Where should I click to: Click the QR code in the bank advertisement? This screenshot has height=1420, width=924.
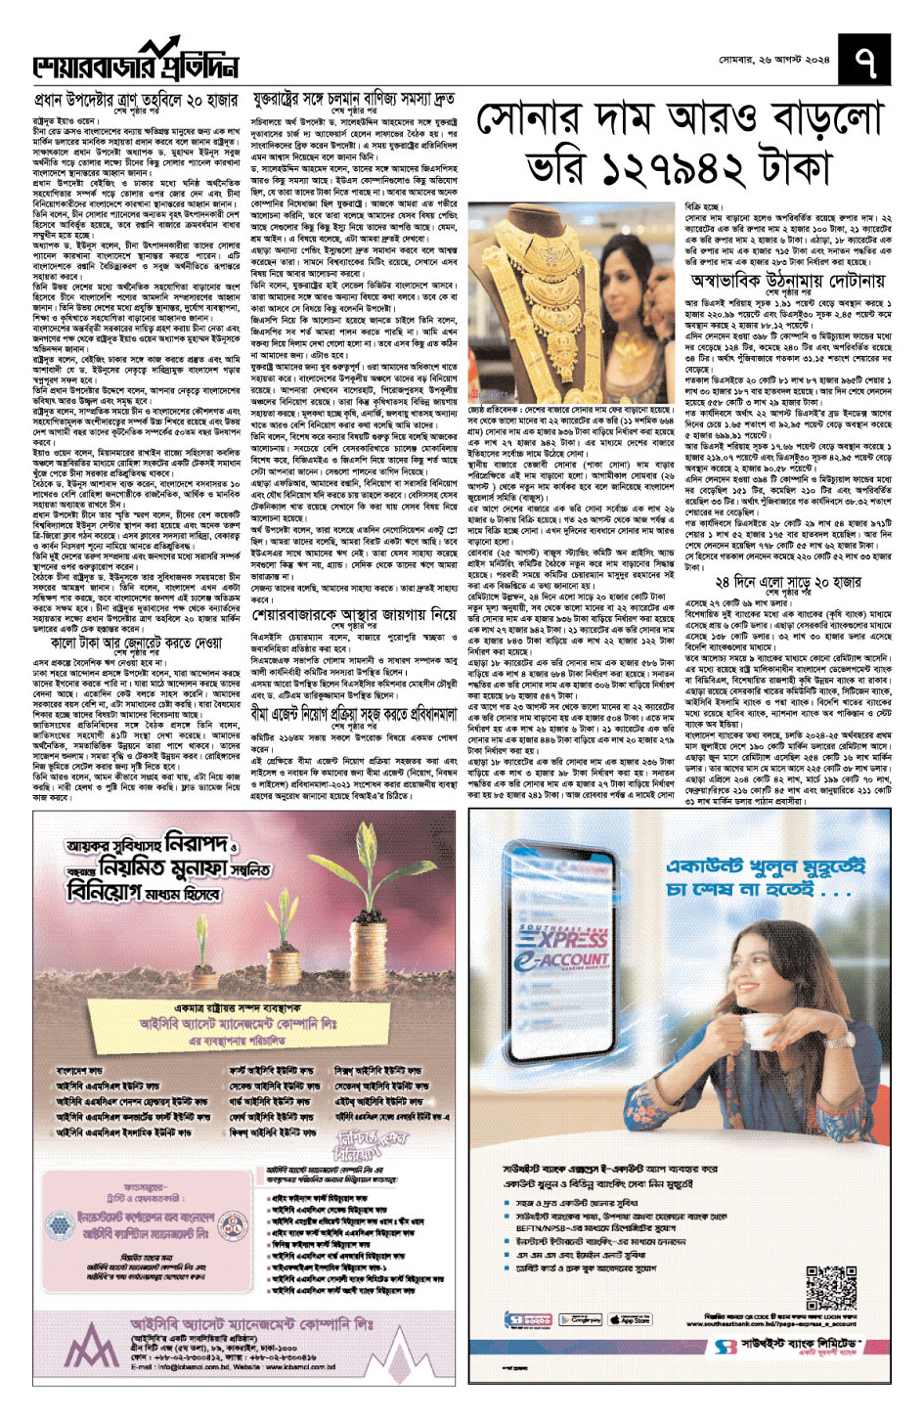tap(831, 1288)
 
